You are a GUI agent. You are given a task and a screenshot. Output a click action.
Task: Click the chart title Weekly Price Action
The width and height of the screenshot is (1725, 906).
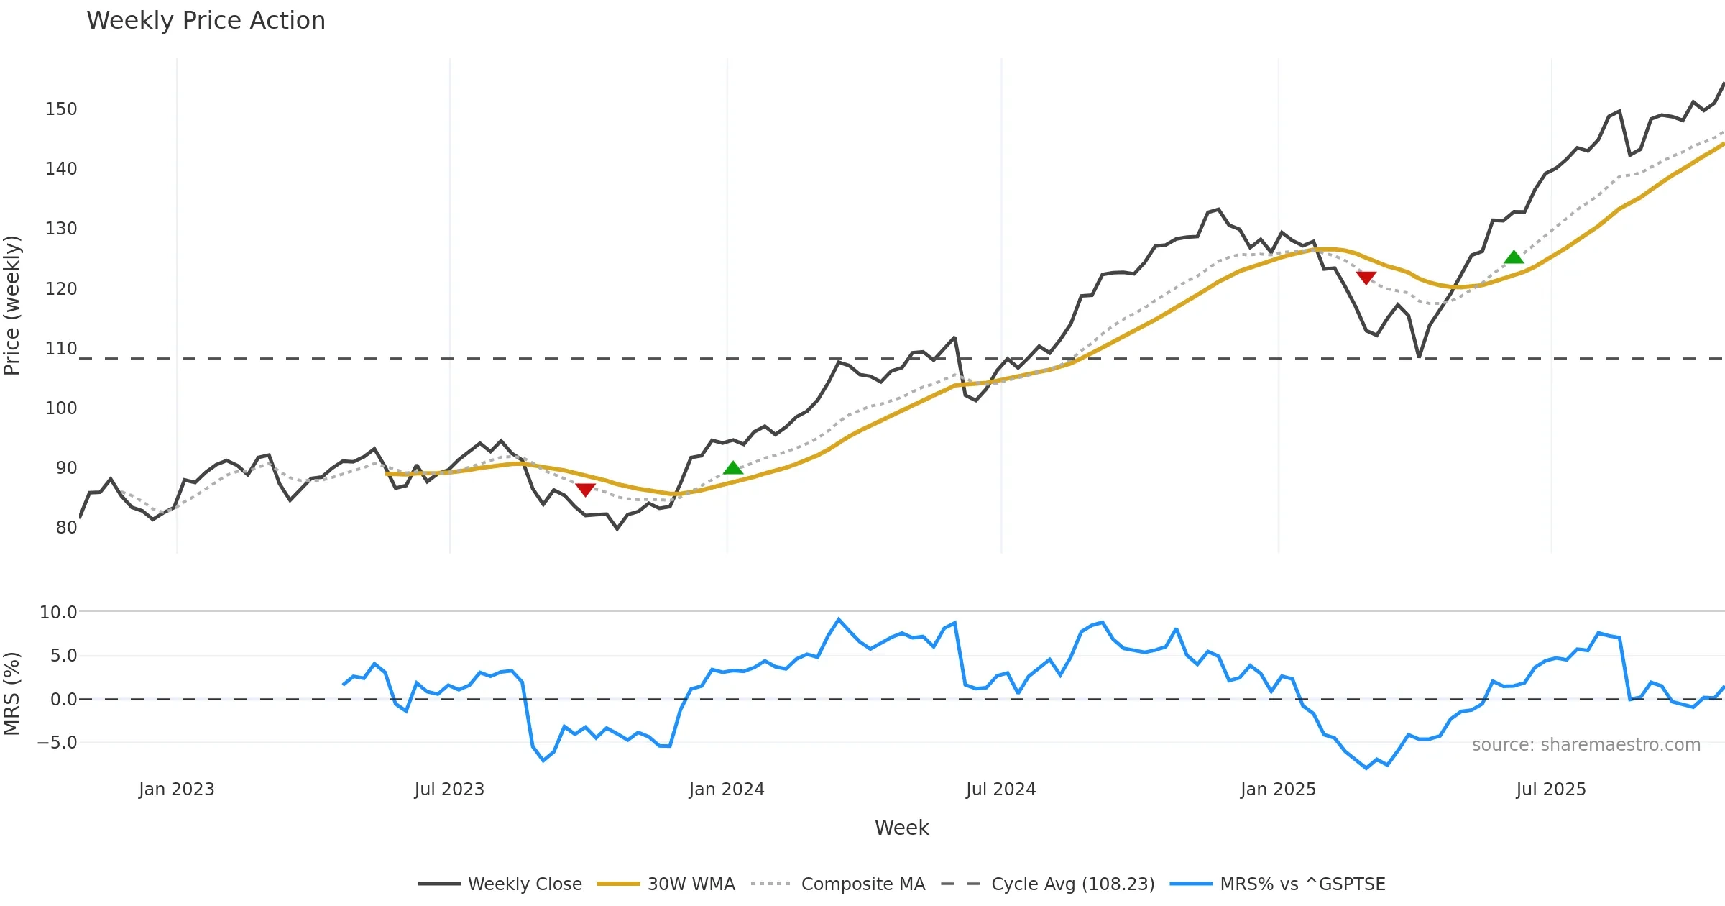point(206,21)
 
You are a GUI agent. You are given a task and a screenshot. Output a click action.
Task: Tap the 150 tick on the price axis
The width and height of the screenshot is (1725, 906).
point(61,109)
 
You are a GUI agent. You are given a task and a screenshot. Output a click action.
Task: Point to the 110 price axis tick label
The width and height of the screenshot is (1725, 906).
point(61,349)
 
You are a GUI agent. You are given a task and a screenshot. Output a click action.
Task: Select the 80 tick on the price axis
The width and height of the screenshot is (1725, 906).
point(66,528)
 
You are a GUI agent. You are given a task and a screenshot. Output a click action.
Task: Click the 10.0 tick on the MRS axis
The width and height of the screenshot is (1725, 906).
point(58,613)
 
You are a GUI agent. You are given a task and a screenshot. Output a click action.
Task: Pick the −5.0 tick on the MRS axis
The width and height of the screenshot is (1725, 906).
point(57,743)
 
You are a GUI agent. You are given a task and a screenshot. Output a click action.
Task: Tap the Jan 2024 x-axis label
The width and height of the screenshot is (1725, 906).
point(726,790)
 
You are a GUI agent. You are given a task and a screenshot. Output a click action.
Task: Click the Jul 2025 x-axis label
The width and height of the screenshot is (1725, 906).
point(1550,790)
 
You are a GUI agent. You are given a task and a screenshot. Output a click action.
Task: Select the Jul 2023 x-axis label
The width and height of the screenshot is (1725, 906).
point(449,790)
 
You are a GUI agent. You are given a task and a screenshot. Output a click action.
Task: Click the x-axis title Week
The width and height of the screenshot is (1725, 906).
point(901,828)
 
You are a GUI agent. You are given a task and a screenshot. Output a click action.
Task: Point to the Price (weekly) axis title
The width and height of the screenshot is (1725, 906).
point(12,306)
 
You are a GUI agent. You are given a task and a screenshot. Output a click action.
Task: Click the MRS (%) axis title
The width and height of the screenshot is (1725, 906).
point(12,694)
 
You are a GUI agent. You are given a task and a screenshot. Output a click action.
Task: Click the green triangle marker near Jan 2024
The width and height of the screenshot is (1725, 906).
point(732,468)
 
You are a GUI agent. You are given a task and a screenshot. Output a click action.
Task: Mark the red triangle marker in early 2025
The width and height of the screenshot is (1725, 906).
point(1366,278)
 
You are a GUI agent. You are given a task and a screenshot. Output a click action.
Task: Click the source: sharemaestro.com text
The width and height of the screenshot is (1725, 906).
point(1586,745)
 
